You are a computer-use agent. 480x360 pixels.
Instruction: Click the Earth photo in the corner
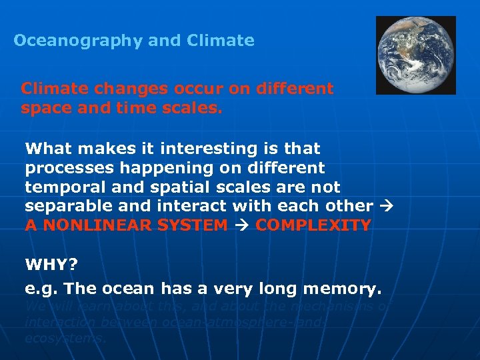coord(415,55)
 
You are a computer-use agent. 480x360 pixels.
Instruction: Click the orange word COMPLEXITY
coord(313,225)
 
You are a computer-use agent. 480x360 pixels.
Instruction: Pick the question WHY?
coord(51,265)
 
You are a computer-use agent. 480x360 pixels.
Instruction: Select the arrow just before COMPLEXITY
coord(241,225)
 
